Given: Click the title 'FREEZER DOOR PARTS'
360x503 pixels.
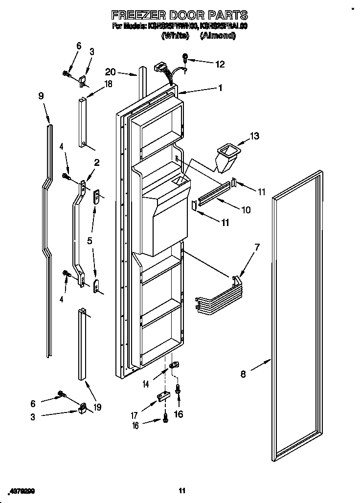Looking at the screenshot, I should coord(180,15).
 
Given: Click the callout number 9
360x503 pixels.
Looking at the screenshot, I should coord(41,96).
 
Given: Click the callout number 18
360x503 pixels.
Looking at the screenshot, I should coord(108,84).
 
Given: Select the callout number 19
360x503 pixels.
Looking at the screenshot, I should coord(97,407).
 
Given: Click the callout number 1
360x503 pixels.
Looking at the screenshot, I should coord(220,88).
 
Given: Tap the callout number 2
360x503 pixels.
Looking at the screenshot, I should coord(97,163).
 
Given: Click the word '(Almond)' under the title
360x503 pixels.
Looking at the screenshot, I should coord(218,36).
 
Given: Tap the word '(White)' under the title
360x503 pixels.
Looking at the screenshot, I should coord(176,36).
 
